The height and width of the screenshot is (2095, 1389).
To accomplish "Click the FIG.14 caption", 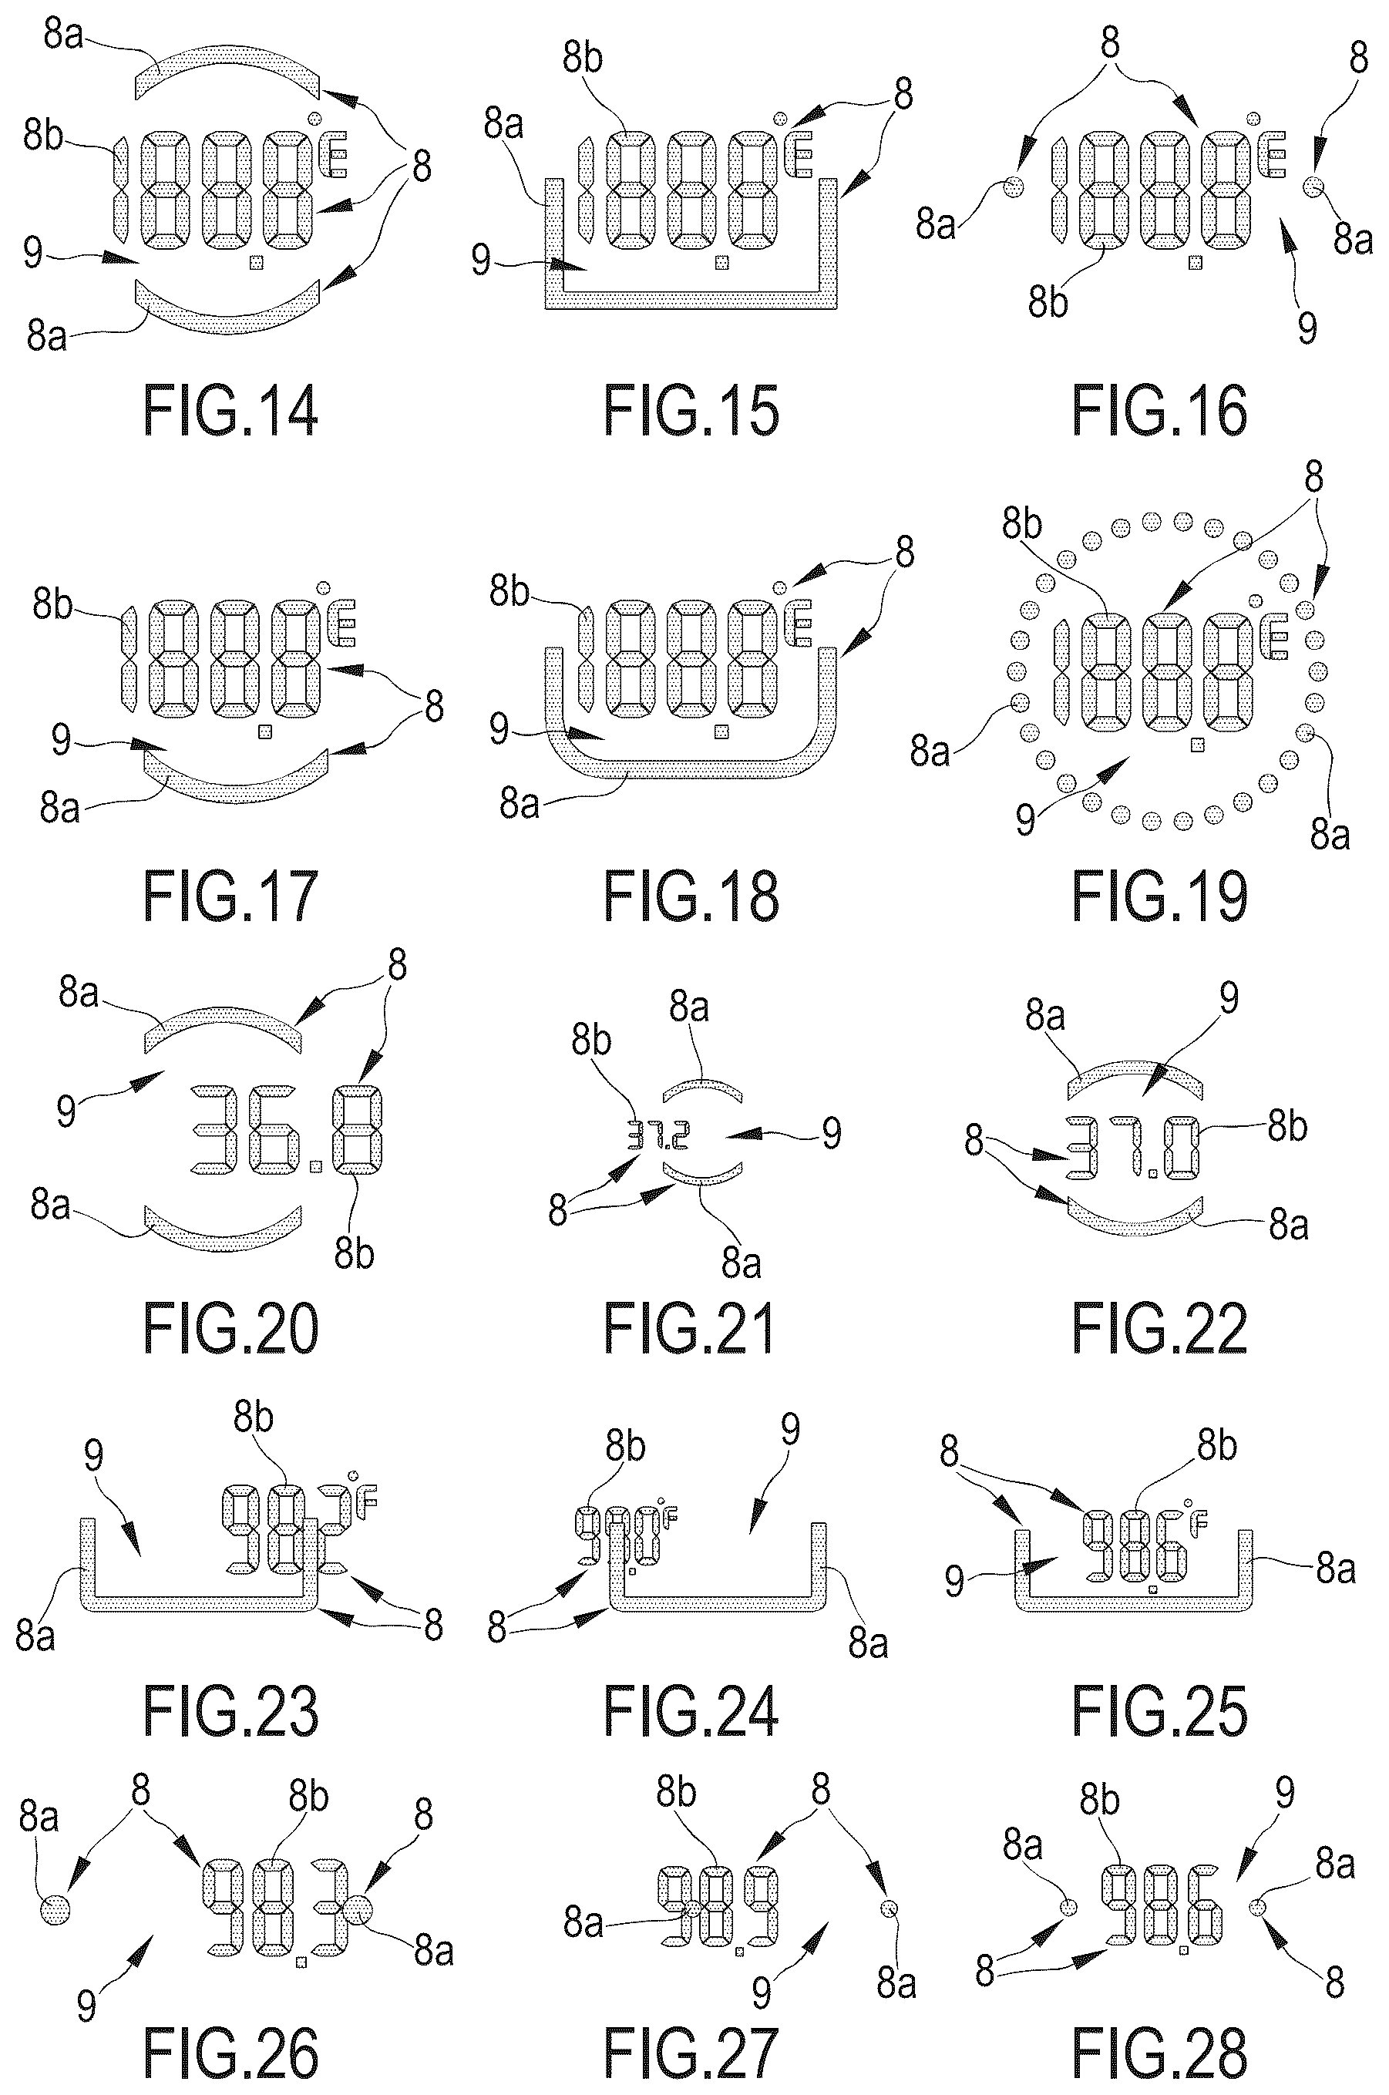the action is [x=230, y=411].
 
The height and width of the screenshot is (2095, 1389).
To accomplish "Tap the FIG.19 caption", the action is [x=1159, y=896].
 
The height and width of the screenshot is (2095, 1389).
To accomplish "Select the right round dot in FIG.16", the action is [x=1313, y=186].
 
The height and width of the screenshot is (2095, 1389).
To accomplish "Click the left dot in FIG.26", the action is [x=55, y=1909].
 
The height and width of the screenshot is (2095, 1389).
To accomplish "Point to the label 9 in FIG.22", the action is [x=1229, y=998].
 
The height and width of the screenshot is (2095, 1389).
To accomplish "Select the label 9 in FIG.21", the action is [x=831, y=1133].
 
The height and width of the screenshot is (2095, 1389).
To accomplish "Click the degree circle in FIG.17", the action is [x=325, y=587].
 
